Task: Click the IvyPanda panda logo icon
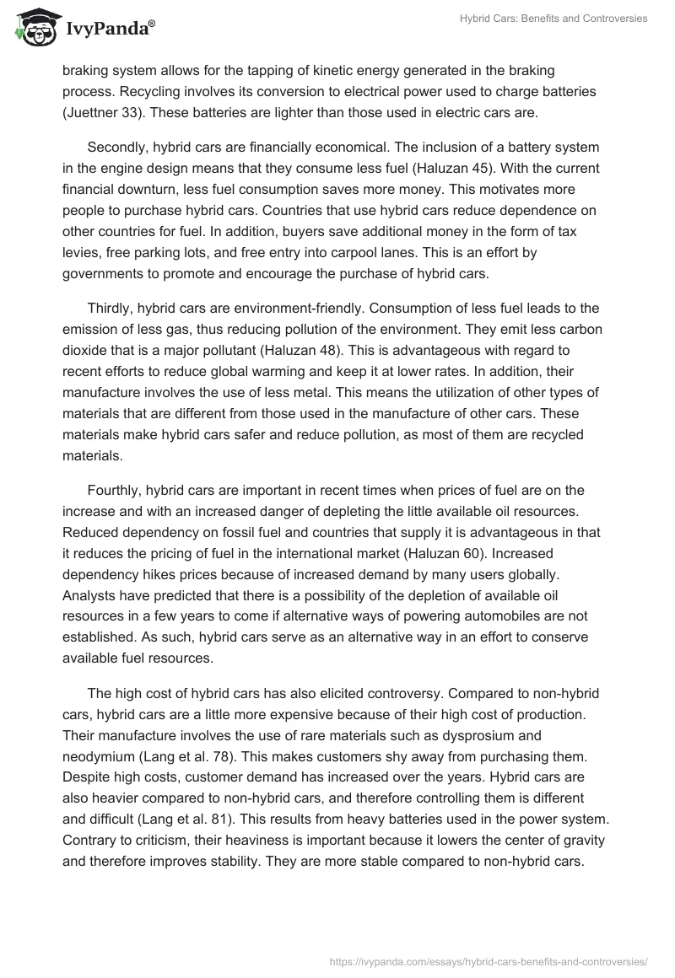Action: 33,29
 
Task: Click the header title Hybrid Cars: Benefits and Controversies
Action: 553,19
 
